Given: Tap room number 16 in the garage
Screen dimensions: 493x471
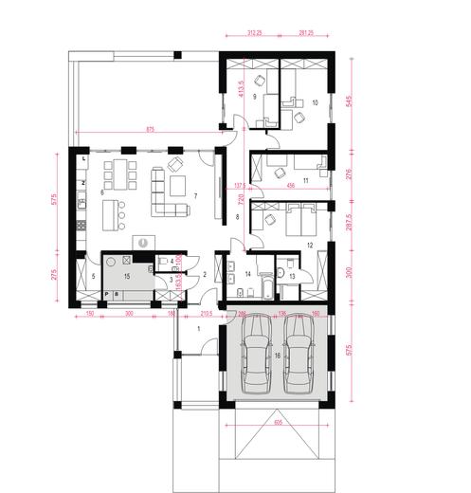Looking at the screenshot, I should click(x=277, y=354).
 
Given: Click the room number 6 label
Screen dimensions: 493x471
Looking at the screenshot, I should click(x=101, y=192).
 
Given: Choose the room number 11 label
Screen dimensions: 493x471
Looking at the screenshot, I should click(x=306, y=178).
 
